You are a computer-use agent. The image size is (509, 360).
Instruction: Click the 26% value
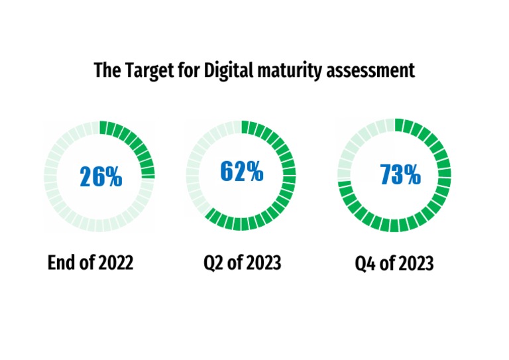[101, 176]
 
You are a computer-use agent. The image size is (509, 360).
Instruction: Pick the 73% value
[400, 175]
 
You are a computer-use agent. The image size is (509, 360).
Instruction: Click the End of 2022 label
[90, 263]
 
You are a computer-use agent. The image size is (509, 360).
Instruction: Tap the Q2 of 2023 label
[242, 263]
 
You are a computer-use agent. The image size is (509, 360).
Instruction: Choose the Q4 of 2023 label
[394, 263]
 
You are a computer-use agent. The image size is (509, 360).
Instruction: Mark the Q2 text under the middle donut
[213, 263]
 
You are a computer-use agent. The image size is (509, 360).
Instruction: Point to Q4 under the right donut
[366, 263]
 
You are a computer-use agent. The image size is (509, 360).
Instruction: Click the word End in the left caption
[60, 263]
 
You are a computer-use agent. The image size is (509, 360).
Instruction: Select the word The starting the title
[105, 70]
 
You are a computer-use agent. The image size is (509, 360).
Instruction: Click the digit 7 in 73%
[387, 175]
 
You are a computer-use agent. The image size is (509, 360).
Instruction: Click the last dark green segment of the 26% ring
[148, 173]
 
